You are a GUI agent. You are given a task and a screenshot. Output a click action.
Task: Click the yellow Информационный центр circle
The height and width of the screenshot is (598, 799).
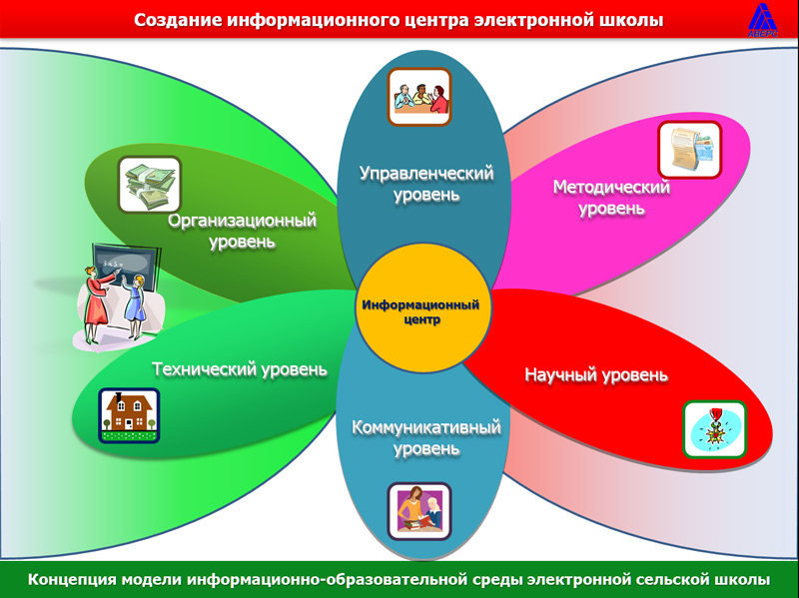(x=422, y=308)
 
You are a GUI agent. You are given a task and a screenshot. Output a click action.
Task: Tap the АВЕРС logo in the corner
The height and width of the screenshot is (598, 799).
(x=763, y=20)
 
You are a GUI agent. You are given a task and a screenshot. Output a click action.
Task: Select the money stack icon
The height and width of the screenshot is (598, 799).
(x=150, y=185)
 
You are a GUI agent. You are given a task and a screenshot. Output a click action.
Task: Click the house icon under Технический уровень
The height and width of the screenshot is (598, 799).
(x=129, y=415)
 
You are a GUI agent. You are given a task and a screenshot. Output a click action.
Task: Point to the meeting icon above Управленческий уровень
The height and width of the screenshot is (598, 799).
(x=419, y=97)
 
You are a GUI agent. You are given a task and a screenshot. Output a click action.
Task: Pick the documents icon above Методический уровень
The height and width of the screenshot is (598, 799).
(x=690, y=149)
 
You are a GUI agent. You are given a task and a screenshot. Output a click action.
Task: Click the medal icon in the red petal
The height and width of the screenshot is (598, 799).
(x=714, y=429)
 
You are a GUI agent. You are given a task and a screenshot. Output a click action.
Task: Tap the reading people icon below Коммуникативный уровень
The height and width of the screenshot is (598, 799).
(x=419, y=511)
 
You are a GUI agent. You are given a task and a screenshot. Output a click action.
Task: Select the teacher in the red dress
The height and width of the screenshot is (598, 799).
(x=97, y=303)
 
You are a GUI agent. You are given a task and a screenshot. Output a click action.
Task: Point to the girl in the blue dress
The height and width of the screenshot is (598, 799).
(x=135, y=305)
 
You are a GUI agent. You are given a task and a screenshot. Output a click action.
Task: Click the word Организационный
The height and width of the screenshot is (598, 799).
(x=243, y=221)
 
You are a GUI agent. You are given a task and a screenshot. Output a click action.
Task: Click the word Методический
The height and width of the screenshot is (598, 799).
(x=611, y=187)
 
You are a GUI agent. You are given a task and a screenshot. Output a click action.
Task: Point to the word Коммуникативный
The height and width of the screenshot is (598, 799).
(x=426, y=427)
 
